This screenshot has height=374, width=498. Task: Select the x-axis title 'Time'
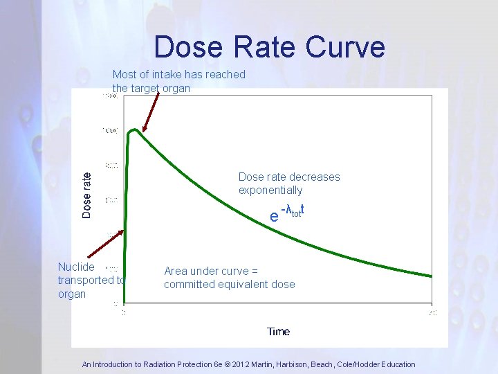(278, 332)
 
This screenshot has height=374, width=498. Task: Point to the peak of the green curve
(136, 130)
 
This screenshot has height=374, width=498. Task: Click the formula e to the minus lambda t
(288, 213)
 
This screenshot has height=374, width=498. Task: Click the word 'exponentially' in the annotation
(270, 190)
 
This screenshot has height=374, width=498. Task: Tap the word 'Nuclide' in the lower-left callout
(76, 267)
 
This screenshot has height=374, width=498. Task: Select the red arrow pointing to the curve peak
(151, 111)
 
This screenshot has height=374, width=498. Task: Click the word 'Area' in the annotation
(176, 271)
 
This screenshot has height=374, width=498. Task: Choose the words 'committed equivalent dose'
(229, 284)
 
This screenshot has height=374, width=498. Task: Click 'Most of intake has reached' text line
(179, 74)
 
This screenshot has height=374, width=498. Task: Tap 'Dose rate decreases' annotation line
(289, 177)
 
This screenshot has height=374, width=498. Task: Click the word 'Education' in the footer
(395, 364)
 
